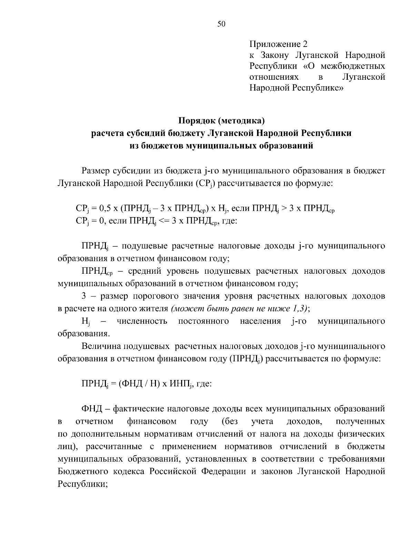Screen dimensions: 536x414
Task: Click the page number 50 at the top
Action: point(221,24)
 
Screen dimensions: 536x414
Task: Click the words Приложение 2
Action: point(278,44)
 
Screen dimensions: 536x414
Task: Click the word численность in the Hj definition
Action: point(142,321)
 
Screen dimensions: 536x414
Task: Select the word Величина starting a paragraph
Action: point(101,346)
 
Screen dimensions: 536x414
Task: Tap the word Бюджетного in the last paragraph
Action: point(81,471)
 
